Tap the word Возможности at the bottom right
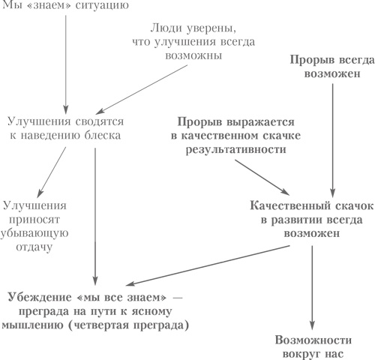point(311,337)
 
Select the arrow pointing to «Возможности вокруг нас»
point(311,285)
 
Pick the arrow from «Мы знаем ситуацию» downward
point(67,60)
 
